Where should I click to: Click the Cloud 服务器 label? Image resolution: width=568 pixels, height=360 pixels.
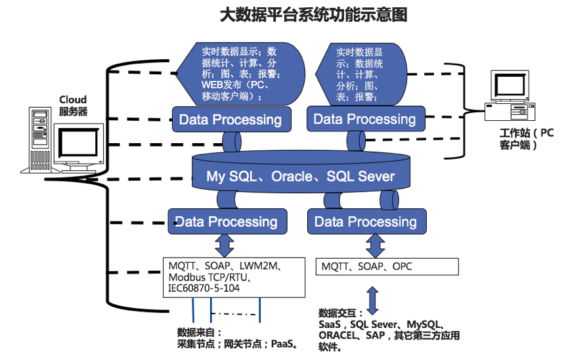coord(73,106)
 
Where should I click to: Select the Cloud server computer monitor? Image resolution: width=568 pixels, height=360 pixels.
coord(78,146)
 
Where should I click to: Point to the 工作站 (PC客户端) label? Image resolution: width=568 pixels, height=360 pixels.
coord(527,139)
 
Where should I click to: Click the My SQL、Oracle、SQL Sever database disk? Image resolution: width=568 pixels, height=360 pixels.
coord(301,175)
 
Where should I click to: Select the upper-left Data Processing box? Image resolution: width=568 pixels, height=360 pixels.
coord(230,120)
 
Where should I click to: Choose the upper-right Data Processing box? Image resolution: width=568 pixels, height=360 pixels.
coord(364,119)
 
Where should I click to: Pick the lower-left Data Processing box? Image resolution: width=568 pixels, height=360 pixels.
coord(227,221)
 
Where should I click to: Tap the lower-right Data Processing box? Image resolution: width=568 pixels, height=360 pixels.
coord(365,221)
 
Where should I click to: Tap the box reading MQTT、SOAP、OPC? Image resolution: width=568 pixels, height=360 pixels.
coord(387,267)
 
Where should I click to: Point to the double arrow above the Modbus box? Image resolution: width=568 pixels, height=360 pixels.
coord(226,244)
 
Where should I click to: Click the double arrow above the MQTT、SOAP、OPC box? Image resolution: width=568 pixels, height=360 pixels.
coord(375,245)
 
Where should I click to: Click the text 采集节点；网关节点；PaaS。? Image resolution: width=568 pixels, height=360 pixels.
coord(239,343)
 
